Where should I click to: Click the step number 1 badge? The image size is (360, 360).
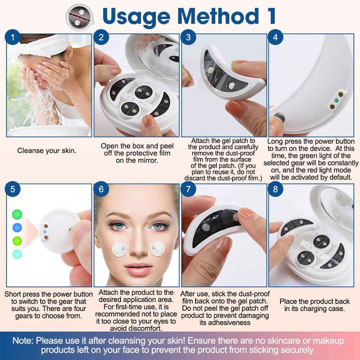[x=12, y=37]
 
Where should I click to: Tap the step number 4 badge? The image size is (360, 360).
[x=275, y=37]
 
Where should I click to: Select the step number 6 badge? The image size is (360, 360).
[x=101, y=189]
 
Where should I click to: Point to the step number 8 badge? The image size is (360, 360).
[x=275, y=189]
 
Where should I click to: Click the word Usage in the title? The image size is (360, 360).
[x=136, y=16]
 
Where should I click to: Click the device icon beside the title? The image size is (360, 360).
[x=79, y=17]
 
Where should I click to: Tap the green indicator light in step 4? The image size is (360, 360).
[x=336, y=100]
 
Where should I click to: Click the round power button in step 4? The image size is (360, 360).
[x=279, y=118]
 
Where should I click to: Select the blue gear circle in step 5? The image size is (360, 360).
[x=17, y=227]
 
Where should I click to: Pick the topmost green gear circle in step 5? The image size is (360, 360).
[x=17, y=214]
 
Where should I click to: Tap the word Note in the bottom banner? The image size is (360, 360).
[x=22, y=340]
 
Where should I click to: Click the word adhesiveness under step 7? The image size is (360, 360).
[x=225, y=322]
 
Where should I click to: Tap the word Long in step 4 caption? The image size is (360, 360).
[x=275, y=141]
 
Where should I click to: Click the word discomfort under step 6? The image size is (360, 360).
[x=135, y=328]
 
